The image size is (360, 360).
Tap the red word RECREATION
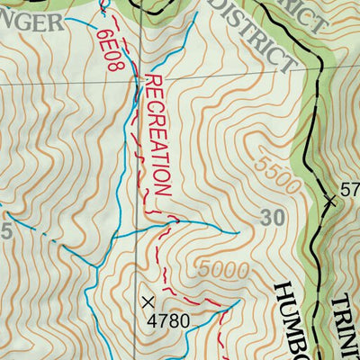[x=157, y=135]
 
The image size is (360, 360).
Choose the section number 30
[x=272, y=217]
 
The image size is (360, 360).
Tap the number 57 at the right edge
[x=350, y=190]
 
